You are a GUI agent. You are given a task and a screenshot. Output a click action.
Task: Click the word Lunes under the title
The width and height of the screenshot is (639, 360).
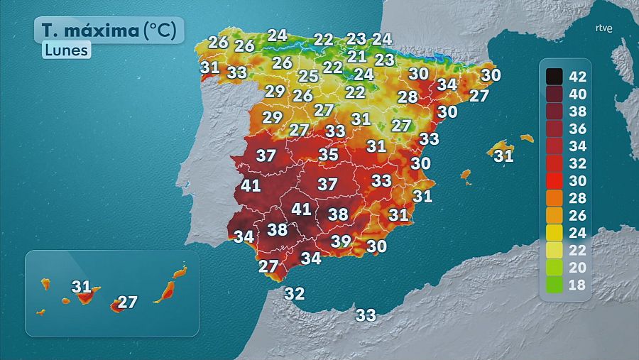[x=66, y=50]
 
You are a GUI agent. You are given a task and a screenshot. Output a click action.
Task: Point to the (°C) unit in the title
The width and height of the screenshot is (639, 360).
[x=163, y=31]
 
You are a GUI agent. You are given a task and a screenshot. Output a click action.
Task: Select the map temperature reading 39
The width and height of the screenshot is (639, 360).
[x=341, y=241]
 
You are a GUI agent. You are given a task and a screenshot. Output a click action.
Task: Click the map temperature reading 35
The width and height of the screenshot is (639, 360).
[x=328, y=154]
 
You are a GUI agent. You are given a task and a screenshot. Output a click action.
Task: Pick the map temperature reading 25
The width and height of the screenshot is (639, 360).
[x=308, y=77]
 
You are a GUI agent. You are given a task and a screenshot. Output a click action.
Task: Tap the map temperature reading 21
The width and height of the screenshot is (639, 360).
[x=357, y=57]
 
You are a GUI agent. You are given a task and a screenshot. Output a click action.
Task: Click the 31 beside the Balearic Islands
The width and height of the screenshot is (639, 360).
[x=503, y=155]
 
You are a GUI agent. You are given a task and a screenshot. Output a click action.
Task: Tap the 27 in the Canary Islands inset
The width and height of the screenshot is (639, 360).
[x=127, y=302]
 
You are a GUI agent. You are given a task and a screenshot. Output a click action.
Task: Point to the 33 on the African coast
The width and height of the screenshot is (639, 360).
[x=366, y=315]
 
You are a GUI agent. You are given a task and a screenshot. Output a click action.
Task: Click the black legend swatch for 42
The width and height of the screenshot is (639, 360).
[x=555, y=76]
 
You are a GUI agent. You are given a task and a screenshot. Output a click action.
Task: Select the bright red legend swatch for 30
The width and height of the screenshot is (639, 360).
[x=555, y=180]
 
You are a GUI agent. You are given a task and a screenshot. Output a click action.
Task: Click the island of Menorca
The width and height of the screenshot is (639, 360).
[x=526, y=138]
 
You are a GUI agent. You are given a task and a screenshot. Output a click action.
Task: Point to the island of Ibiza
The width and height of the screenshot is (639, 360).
[x=466, y=174]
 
